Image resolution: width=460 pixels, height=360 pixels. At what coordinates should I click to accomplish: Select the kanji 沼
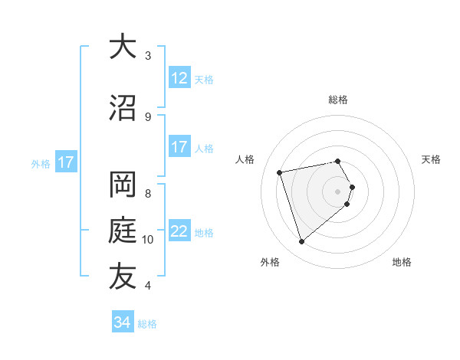click(x=122, y=108)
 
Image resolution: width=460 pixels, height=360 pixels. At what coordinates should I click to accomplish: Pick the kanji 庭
click(x=122, y=231)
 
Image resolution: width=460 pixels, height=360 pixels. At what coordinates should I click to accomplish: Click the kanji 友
click(x=122, y=277)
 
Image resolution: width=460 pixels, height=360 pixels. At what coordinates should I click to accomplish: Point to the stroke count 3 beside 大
click(x=148, y=55)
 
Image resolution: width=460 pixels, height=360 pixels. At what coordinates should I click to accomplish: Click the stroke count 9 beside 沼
click(x=148, y=116)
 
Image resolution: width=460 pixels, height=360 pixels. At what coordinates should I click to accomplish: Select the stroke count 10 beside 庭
click(x=149, y=239)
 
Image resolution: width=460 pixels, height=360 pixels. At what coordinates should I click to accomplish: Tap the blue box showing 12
click(x=179, y=78)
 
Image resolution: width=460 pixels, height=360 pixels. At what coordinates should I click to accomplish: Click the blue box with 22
click(x=179, y=231)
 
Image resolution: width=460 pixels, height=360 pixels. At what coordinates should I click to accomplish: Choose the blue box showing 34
click(x=122, y=322)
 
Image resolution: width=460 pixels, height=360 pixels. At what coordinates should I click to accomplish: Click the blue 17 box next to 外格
click(x=65, y=162)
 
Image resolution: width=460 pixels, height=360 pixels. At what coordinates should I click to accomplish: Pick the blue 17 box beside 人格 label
click(x=179, y=147)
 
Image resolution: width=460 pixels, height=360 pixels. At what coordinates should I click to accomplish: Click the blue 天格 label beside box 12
click(x=204, y=79)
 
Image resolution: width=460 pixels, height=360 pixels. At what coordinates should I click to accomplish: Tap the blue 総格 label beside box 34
click(x=147, y=324)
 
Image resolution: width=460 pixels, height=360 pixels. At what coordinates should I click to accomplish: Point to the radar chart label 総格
click(x=338, y=100)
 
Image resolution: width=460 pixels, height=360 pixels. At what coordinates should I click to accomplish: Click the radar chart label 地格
click(x=402, y=262)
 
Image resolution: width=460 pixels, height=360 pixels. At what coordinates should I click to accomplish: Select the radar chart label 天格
click(x=432, y=159)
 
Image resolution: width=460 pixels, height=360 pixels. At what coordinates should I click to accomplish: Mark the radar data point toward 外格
click(x=301, y=242)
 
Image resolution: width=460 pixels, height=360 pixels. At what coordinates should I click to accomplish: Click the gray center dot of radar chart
click(x=338, y=191)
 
